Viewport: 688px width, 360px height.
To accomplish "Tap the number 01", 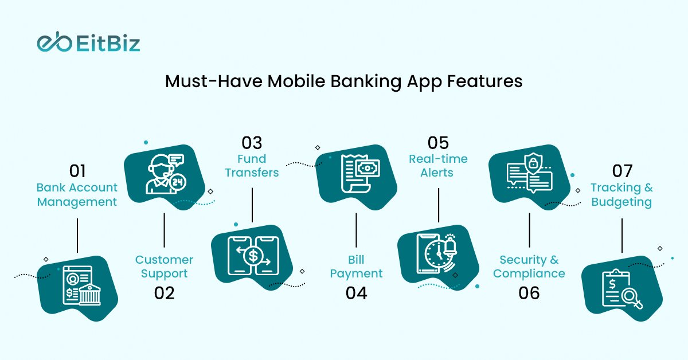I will coord(77,171).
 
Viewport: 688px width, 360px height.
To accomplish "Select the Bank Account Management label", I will coord(77,195).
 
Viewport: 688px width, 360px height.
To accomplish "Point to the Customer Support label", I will coord(164,267).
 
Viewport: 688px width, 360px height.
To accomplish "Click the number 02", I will coord(164,293).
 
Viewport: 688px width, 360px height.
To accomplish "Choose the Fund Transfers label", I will coord(252,166).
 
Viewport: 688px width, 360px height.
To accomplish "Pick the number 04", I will coord(356,293).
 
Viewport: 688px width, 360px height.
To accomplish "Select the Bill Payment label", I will coord(356,267).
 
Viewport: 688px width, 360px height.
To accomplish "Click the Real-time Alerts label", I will coord(438,166).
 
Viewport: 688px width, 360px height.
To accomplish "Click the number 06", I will coord(529,293).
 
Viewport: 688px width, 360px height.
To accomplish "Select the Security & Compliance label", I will coord(529,267).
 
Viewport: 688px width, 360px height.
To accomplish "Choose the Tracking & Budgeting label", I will coord(621,195).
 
